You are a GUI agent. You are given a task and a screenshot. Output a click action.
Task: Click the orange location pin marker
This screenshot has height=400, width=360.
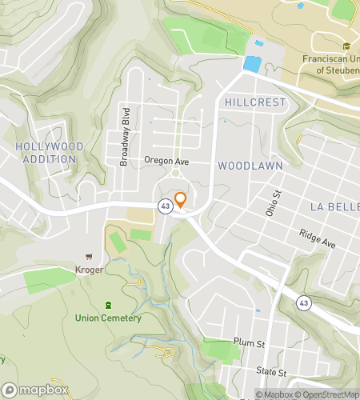tap(181, 199)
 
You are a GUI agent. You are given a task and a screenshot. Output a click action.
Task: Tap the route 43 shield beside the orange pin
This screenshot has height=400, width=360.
tap(164, 205)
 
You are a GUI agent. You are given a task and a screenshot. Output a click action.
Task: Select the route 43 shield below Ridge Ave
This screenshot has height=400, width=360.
tap(303, 302)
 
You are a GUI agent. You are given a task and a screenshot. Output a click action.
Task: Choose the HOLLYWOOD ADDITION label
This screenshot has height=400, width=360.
tap(45, 153)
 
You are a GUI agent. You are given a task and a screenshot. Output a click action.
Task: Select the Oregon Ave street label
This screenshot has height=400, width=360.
tap(165, 160)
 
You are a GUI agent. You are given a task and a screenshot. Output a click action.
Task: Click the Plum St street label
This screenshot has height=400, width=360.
tap(248, 342)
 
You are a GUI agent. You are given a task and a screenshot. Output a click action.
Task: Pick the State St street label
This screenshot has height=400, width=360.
tap(272, 373)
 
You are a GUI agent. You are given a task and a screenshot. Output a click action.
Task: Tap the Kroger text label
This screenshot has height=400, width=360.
tap(90, 270)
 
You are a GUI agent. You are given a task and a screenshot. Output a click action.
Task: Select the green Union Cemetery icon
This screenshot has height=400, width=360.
tap(108, 304)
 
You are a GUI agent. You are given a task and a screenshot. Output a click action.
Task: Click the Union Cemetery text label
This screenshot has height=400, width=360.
tap(108, 318)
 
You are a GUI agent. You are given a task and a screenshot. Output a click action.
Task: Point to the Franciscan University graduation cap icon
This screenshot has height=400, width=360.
tap(346, 45)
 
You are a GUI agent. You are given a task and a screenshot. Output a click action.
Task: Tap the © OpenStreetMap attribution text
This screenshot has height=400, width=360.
tap(326, 394)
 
